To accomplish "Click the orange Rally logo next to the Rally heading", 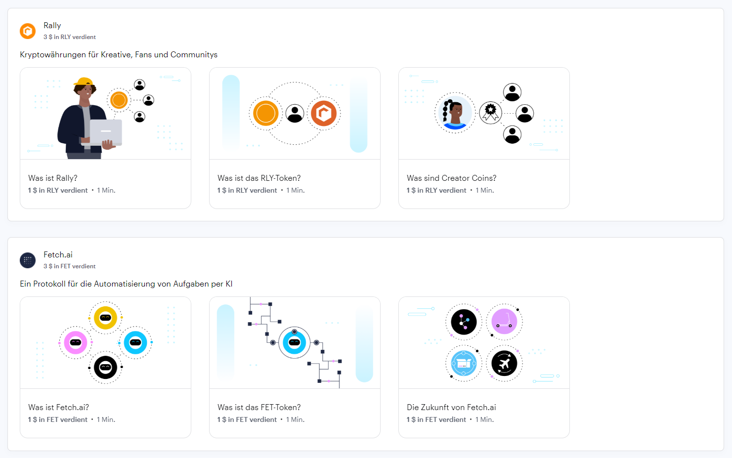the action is click(x=28, y=31).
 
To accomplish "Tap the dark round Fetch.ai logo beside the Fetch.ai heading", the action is click(x=28, y=260).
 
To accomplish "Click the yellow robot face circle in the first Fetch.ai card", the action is click(x=106, y=318).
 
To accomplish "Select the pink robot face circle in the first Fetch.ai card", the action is click(x=76, y=343).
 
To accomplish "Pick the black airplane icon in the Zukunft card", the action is click(x=504, y=363).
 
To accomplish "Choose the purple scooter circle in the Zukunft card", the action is click(x=504, y=322).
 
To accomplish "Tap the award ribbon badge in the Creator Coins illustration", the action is click(x=490, y=113).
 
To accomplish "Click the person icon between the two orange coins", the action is click(x=295, y=113).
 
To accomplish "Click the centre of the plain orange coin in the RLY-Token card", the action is click(x=266, y=113).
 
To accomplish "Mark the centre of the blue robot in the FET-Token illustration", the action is click(x=295, y=343).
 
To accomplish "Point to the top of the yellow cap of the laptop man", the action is click(x=84, y=78).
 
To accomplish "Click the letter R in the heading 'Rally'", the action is click(x=46, y=26).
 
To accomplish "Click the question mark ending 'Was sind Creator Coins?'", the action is click(x=494, y=178).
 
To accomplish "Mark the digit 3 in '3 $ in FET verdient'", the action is click(x=45, y=266).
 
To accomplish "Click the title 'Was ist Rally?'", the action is click(x=52, y=178).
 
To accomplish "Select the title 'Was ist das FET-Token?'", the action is click(x=259, y=408).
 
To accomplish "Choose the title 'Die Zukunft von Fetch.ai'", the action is click(x=451, y=408).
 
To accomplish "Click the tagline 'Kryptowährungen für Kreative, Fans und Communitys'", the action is click(x=119, y=54).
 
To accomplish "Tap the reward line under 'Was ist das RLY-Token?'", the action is click(x=261, y=190).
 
